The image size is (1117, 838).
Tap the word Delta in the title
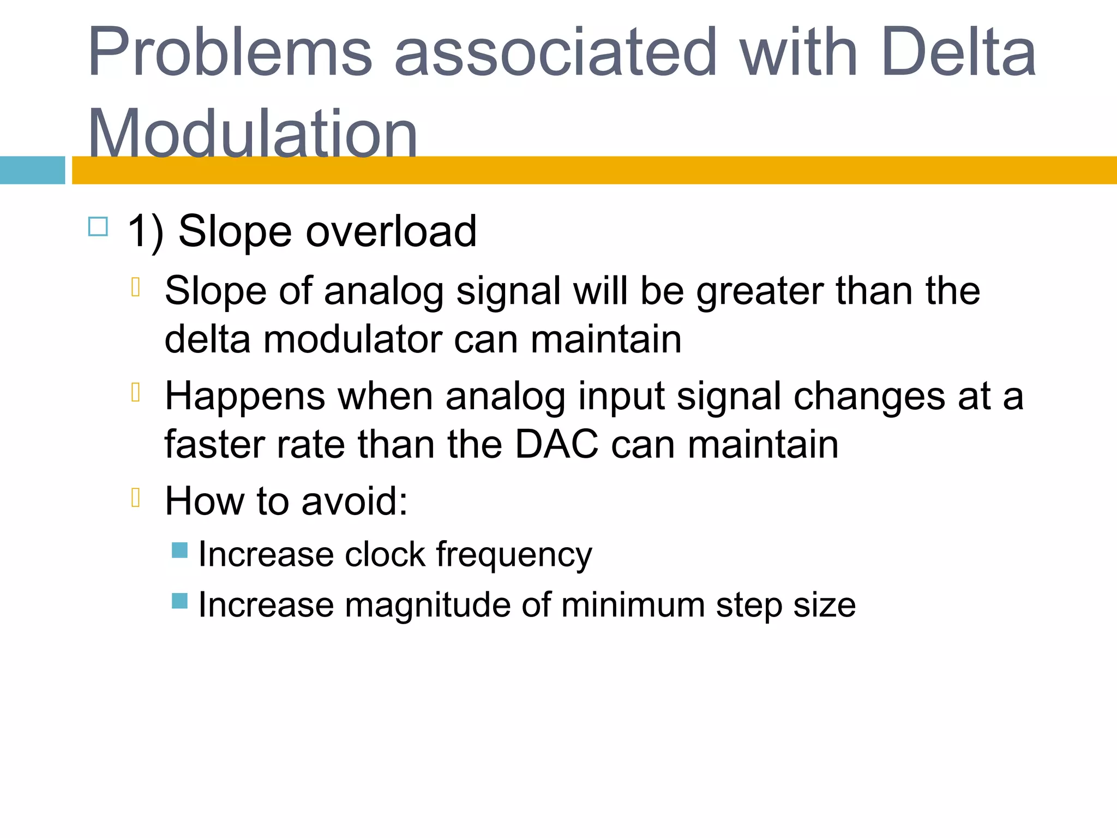[x=958, y=52]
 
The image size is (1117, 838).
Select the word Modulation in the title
[x=253, y=134]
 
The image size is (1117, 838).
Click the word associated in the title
[x=555, y=52]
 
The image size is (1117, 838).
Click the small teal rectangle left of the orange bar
[x=32, y=170]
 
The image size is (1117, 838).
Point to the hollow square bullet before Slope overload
[x=98, y=226]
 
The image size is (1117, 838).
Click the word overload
[x=391, y=231]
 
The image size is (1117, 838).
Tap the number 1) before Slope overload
[x=145, y=231]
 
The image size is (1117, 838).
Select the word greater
[x=760, y=291]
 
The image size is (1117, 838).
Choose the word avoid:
[x=355, y=501]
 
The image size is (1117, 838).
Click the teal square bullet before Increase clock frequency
[x=179, y=550]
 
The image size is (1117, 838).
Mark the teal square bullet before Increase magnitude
[x=179, y=601]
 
